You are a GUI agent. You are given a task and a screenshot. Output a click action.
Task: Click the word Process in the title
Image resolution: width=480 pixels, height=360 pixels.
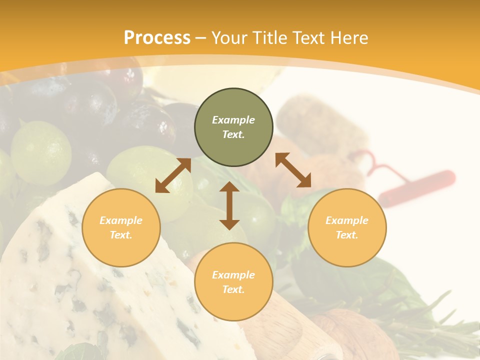tap(157, 38)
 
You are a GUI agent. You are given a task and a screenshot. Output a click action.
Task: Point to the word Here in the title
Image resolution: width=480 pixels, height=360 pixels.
tap(349, 38)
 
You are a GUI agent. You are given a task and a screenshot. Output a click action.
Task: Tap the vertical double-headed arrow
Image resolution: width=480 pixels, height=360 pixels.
tap(229, 205)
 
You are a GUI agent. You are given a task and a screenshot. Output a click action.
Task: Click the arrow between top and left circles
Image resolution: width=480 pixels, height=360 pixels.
tap(173, 175)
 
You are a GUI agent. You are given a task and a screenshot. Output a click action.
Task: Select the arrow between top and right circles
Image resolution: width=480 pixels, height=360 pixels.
tap(293, 170)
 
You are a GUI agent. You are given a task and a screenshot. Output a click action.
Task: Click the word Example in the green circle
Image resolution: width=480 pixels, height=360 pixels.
tap(233, 120)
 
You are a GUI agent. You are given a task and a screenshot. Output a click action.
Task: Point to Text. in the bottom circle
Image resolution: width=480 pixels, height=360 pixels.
tap(233, 289)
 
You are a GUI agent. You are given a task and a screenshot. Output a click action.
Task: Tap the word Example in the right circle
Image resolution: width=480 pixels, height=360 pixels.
tap(346, 220)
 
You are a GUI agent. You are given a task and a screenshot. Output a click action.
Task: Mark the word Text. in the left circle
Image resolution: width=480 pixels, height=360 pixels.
tap(121, 235)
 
